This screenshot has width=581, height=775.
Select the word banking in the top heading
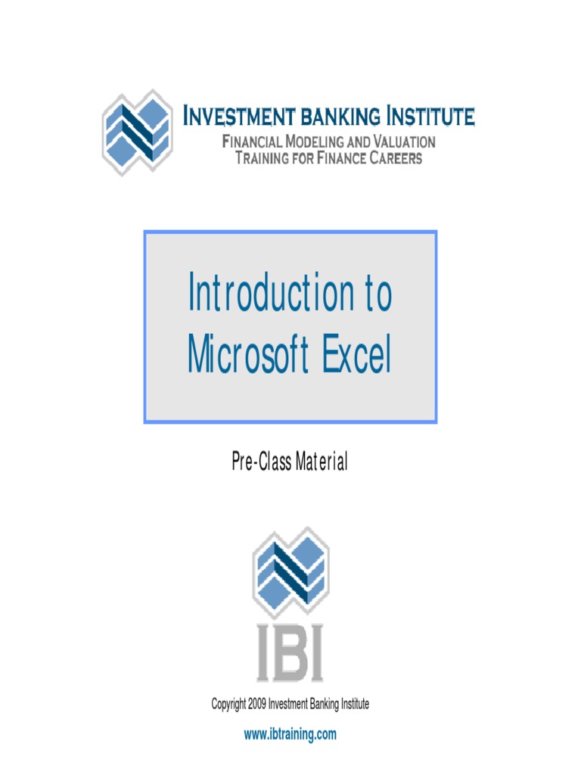point(342,117)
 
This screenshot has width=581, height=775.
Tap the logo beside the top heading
point(136,132)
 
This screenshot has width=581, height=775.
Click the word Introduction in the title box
point(269,294)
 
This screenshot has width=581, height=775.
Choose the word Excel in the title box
point(356,356)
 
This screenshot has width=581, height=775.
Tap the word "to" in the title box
point(377,294)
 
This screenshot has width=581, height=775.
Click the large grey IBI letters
point(290,652)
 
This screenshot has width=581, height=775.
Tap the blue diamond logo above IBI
point(290,572)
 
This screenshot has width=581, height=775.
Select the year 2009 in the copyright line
point(258,705)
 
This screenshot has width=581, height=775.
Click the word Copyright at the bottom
point(228,705)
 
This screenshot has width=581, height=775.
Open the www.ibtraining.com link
point(290,734)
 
